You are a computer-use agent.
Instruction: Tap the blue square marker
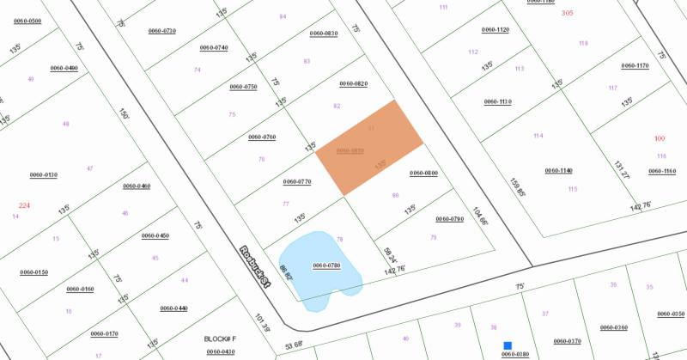[x=508, y=345]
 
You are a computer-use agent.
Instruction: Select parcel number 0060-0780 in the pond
[x=326, y=265]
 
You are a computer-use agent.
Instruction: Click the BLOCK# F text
[x=219, y=339]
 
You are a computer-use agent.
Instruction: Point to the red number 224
[x=24, y=205]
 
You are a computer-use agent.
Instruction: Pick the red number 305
[x=567, y=13]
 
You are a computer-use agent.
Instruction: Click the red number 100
[x=660, y=138]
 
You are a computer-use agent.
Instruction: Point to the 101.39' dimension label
[x=262, y=325]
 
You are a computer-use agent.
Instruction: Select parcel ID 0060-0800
[x=423, y=174]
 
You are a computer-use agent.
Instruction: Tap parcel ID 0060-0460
[x=137, y=186]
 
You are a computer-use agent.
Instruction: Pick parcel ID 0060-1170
[x=635, y=65]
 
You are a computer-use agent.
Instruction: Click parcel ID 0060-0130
[x=43, y=174]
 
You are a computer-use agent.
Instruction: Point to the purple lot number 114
[x=538, y=136]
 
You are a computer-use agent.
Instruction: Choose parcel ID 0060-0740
[x=214, y=47]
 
